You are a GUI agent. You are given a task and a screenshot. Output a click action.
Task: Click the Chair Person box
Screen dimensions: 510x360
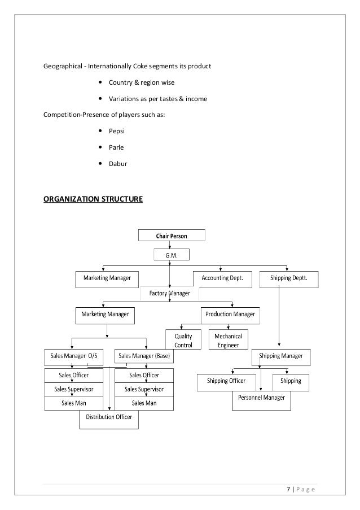click(x=172, y=235)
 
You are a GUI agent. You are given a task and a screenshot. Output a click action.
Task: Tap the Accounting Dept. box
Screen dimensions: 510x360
click(x=222, y=278)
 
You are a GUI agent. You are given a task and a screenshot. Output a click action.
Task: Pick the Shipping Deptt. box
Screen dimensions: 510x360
click(x=289, y=278)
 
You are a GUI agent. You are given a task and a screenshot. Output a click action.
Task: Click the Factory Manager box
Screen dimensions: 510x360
click(x=169, y=294)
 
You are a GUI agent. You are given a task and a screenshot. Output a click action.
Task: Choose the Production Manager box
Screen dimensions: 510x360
click(x=230, y=314)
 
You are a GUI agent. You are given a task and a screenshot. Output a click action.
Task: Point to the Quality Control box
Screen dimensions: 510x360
click(x=183, y=341)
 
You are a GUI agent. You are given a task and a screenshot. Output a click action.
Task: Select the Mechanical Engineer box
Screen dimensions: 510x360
click(x=229, y=341)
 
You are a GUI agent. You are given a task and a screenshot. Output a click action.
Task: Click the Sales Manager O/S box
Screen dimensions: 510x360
click(x=74, y=356)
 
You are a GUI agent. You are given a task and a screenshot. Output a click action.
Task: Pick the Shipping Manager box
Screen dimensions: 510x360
click(x=280, y=356)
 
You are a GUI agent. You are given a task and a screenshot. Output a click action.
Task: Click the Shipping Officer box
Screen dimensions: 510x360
click(x=226, y=381)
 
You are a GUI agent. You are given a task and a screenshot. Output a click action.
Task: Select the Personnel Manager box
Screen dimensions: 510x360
click(x=261, y=398)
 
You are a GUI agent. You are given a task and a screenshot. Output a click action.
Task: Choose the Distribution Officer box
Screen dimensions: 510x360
click(x=109, y=418)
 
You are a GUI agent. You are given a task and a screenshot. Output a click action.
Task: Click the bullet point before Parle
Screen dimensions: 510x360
click(x=100, y=148)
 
